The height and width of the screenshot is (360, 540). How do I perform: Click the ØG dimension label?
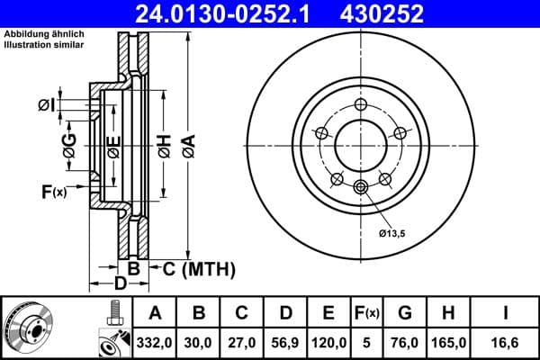pyautogui.click(x=69, y=144)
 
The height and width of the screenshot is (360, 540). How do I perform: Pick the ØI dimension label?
pyautogui.click(x=46, y=106)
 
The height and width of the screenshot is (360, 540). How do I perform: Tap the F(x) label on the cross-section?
pyautogui.click(x=54, y=191)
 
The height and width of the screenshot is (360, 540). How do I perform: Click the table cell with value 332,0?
pyautogui.click(x=155, y=342)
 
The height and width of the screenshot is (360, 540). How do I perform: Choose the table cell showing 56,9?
pyautogui.click(x=285, y=342)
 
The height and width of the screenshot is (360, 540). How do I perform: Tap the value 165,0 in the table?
pyautogui.click(x=450, y=342)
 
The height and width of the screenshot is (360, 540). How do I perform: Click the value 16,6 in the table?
pyautogui.click(x=506, y=342)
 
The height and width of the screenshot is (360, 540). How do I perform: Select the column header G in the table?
pyautogui.click(x=405, y=313)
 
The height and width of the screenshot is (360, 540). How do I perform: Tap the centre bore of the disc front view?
pyautogui.click(x=361, y=145)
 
